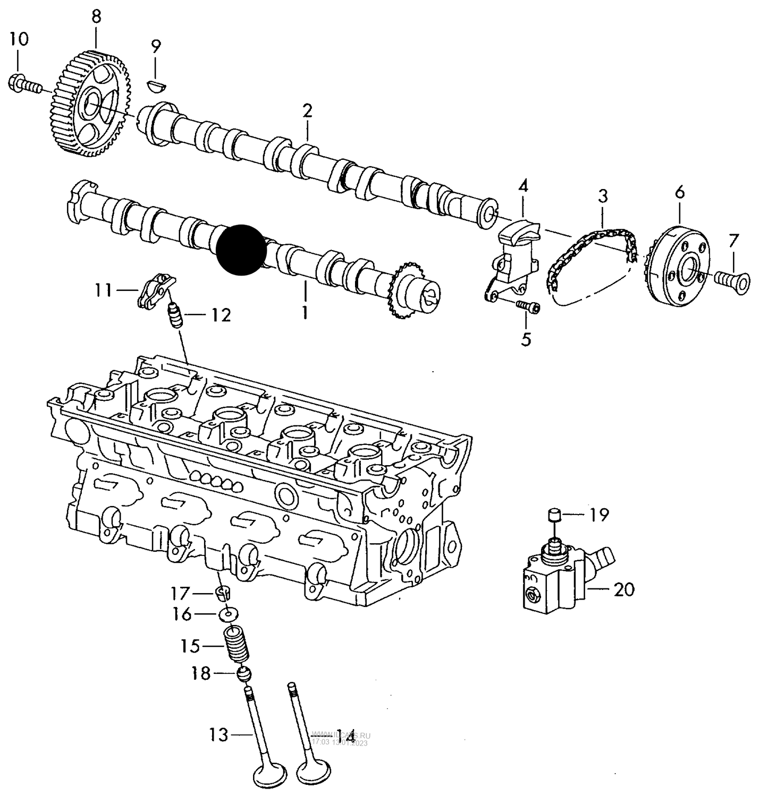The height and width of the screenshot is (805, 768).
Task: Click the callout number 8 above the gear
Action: [96, 16]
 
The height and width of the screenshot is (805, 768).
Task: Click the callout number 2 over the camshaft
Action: [307, 111]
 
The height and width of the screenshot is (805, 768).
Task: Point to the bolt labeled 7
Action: [733, 278]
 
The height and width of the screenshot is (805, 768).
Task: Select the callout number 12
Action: [221, 315]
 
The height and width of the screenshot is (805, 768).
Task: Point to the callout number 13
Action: [218, 735]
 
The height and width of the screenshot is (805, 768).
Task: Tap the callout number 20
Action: [624, 589]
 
